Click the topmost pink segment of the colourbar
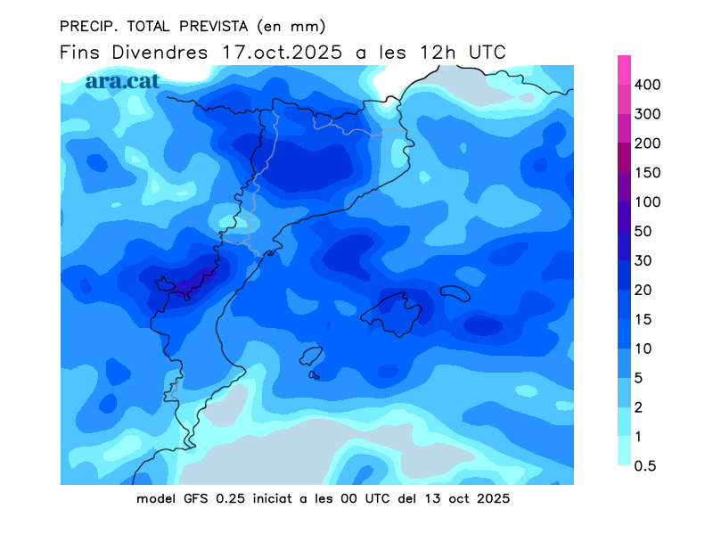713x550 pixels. (x=625, y=70)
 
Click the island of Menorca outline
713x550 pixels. (x=455, y=293)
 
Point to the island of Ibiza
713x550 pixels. (x=310, y=357)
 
